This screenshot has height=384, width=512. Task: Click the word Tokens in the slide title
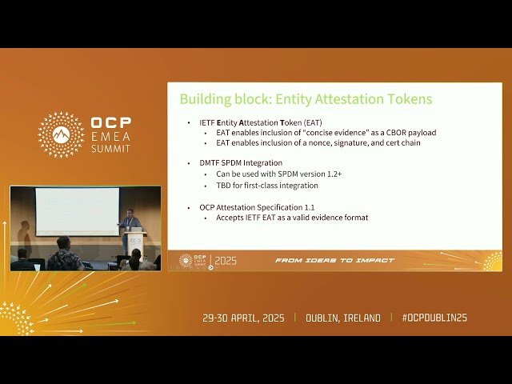click(409, 99)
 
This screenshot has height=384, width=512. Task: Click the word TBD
click(224, 186)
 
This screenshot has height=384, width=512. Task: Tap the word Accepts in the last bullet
click(232, 218)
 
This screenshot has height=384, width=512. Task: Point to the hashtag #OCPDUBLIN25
click(434, 318)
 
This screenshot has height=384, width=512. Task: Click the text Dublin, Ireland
click(343, 318)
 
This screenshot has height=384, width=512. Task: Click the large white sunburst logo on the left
click(61, 134)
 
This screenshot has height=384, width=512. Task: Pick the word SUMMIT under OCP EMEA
click(112, 149)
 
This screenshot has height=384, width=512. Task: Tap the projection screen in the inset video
click(77, 210)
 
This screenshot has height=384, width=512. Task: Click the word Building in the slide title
click(204, 99)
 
